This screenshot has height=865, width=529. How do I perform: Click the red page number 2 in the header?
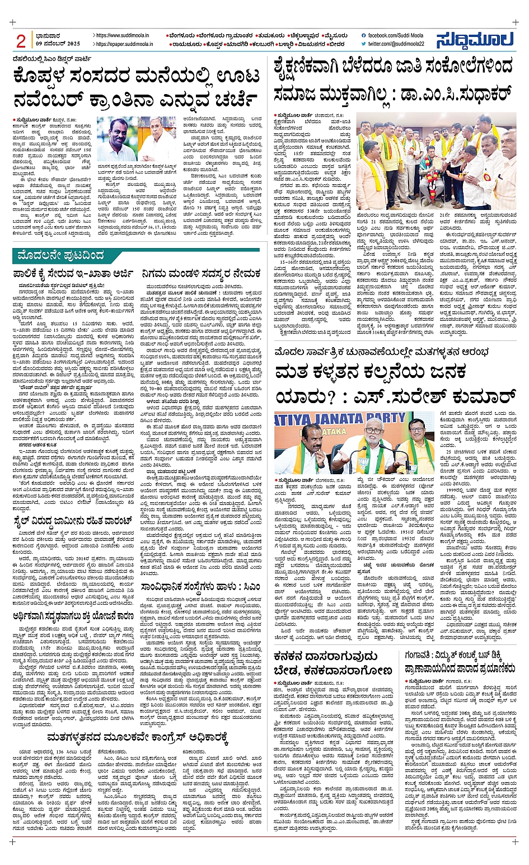click(x=21, y=41)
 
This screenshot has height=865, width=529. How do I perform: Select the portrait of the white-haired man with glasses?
click(x=157, y=139)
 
